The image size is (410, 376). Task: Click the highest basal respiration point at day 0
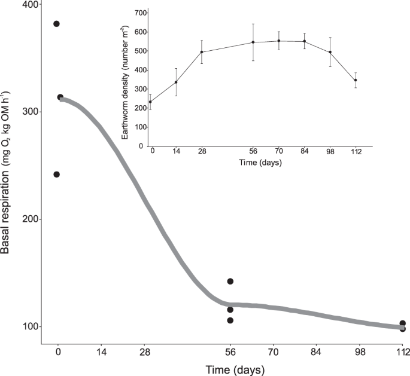click(x=57, y=24)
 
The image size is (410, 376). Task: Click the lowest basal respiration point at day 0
click(x=57, y=175)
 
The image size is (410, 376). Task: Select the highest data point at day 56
click(x=230, y=282)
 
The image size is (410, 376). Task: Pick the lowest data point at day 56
click(x=230, y=320)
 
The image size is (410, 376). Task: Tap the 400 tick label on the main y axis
click(x=28, y=5)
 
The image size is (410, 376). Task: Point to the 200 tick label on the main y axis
click(x=28, y=219)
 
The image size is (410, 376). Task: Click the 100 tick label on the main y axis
click(x=28, y=327)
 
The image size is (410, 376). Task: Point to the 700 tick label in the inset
click(x=141, y=13)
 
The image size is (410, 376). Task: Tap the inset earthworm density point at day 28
click(x=202, y=52)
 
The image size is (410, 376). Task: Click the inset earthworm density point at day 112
click(x=356, y=80)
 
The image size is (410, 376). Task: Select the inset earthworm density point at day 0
click(x=150, y=102)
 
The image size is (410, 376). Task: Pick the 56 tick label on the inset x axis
click(x=253, y=152)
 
